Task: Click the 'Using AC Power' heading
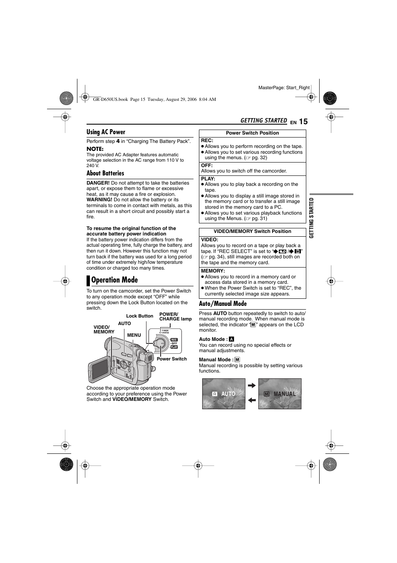(106, 132)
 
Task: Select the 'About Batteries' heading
(105, 173)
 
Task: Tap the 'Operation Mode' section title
(114, 280)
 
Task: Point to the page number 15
(303, 122)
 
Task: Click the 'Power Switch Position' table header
(252, 133)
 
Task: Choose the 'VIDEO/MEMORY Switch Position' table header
(252, 231)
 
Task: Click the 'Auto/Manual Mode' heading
(223, 304)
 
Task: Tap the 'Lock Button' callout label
(139, 316)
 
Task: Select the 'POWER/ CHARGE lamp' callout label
(175, 317)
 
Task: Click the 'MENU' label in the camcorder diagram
(134, 335)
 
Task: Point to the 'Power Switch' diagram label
(171, 359)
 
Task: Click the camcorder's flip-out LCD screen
(100, 368)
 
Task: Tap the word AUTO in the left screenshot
(228, 394)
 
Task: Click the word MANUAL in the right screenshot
(285, 394)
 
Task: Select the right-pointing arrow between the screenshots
(251, 386)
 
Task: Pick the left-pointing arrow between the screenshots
(251, 400)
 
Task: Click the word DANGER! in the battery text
(98, 183)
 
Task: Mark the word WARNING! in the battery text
(99, 200)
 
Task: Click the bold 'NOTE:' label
(95, 149)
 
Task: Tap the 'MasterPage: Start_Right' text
(284, 88)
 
